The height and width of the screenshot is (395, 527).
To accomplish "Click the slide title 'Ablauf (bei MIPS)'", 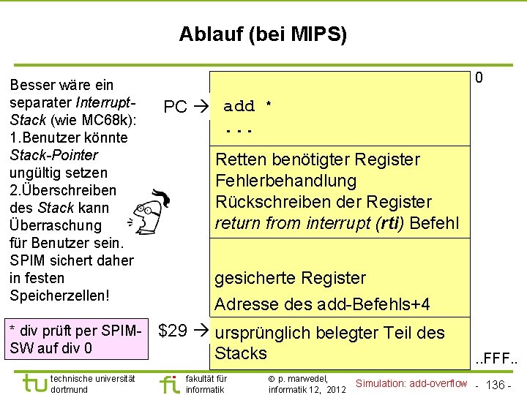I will click(263, 34).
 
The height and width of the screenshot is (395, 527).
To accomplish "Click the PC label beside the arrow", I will click(175, 108).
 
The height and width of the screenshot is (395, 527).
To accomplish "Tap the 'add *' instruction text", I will click(248, 107).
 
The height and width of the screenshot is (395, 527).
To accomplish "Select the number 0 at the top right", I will click(479, 78).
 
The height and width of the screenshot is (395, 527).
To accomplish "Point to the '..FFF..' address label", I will click(497, 361).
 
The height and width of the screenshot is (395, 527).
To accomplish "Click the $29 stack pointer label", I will click(173, 331).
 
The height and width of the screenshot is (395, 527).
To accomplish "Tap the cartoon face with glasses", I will click(150, 211).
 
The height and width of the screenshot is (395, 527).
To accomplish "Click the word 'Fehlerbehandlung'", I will click(285, 181).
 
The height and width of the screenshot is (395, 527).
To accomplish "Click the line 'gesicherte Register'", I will click(289, 278).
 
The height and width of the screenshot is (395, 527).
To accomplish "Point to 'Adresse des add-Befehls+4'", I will click(322, 304).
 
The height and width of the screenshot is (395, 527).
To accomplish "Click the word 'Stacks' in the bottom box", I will click(241, 353).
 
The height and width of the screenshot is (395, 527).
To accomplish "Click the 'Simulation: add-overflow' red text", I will click(411, 383).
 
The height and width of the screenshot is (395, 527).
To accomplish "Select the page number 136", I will click(496, 385).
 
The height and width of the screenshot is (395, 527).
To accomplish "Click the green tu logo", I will click(33, 383).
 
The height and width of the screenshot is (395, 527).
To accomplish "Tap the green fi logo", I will click(169, 383).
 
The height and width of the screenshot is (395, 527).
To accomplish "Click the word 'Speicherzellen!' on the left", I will click(59, 296).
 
